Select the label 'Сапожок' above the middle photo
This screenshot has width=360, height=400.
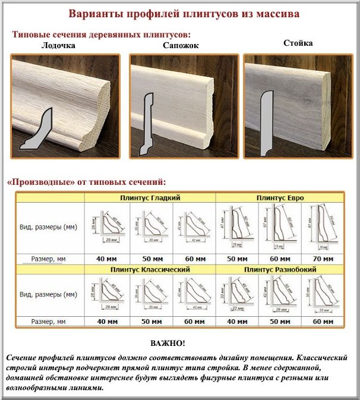coord(181,45)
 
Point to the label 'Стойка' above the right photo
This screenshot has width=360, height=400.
coord(298,43)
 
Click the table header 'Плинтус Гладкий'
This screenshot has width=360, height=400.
coord(150,197)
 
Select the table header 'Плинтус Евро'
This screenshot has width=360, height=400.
coord(277,197)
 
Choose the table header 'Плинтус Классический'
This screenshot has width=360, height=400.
coord(150,269)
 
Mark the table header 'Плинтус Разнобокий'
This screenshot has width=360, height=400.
coord(277,269)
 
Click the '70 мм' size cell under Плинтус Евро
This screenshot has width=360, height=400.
coord(322,259)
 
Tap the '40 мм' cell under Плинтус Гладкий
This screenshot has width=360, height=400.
coord(107,259)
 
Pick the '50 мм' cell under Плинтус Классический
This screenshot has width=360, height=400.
coord(150,322)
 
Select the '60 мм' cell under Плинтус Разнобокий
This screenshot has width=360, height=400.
coord(322,322)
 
